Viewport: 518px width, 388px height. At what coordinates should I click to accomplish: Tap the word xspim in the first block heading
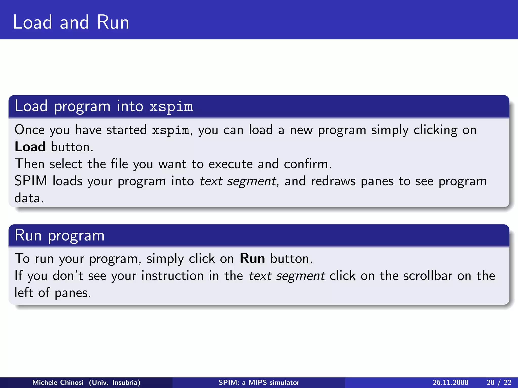(171, 107)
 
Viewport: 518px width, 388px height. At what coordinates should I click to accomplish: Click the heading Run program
(59, 235)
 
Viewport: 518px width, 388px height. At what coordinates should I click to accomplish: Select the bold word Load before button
(30, 147)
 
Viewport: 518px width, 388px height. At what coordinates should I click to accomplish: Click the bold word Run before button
(252, 259)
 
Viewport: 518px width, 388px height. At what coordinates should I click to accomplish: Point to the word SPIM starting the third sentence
(31, 181)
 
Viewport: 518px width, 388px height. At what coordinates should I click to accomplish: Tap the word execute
(230, 164)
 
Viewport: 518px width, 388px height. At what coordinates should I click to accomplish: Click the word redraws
(333, 181)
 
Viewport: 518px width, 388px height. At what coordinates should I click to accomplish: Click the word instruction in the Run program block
(172, 276)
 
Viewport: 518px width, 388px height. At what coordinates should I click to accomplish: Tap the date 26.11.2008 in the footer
(450, 382)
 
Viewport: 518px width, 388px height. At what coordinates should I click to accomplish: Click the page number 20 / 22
(499, 382)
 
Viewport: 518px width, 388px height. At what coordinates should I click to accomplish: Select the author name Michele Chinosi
(58, 382)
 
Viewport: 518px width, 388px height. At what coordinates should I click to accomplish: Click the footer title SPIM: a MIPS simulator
(259, 382)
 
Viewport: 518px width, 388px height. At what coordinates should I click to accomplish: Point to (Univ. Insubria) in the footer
(114, 382)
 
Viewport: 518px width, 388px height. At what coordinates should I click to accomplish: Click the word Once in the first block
(29, 130)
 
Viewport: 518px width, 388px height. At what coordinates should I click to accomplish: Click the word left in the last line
(24, 293)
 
